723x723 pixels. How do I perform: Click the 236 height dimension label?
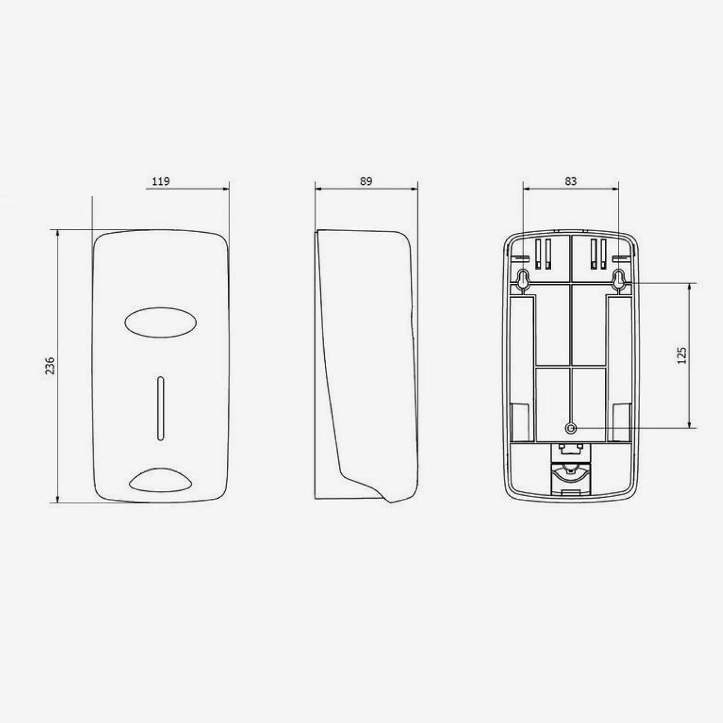pyautogui.click(x=50, y=365)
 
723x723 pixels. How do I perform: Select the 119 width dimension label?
pyautogui.click(x=160, y=181)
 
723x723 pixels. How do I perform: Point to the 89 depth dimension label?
pyautogui.click(x=366, y=181)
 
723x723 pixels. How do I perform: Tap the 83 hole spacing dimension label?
pyautogui.click(x=570, y=181)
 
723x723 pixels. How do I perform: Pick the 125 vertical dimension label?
pyautogui.click(x=682, y=355)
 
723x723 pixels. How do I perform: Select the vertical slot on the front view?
pyautogui.click(x=160, y=408)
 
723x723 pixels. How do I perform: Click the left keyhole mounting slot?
pyautogui.click(x=522, y=279)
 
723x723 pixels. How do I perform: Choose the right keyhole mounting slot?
pyautogui.click(x=619, y=279)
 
